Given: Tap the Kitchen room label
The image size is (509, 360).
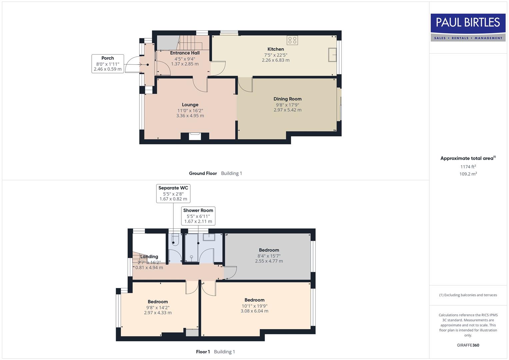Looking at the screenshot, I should tap(276, 49).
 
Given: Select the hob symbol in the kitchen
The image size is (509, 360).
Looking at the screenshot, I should tap(292, 40).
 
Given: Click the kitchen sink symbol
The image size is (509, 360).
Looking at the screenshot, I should tap(332, 55).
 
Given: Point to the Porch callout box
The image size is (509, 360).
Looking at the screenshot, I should tap(108, 64).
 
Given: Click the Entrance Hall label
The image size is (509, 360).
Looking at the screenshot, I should tap(185, 53).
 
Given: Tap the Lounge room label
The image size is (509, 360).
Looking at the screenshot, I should tap(190, 105).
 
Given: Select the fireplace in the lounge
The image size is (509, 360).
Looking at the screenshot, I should tap(195, 136).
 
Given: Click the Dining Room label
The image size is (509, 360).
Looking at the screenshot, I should tap(287, 99).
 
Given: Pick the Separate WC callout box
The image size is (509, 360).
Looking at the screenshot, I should tap(173, 193).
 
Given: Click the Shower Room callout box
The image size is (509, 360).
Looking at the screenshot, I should tap(198, 216).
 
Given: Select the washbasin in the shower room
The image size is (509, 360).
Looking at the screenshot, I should tap(209, 237).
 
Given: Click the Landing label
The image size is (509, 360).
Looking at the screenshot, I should tap(149, 257).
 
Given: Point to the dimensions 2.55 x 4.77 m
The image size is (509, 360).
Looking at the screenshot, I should tap(269, 261).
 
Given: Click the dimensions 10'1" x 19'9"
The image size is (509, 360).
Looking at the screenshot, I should tap(254, 306).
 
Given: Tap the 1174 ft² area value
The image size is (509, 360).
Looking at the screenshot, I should tap(468, 167).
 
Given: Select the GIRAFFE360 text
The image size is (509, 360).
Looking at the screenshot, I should tap(468, 345).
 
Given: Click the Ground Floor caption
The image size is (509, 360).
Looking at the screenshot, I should tap(203, 173).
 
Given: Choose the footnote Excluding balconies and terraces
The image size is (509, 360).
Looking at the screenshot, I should tap(468, 295).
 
